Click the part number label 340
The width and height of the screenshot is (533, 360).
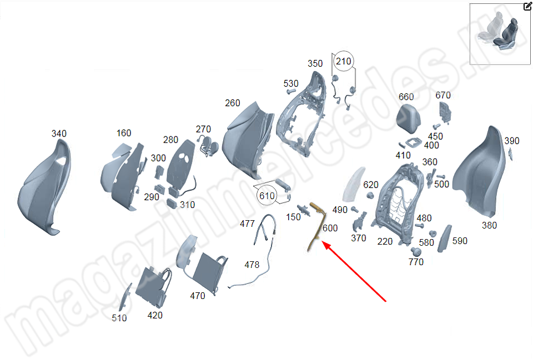click(x=59, y=134)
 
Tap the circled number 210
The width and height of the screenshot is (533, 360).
click(x=344, y=61)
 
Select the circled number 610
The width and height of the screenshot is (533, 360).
click(x=266, y=196)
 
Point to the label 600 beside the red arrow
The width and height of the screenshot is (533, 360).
click(x=330, y=228)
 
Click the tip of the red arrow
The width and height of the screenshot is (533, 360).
click(x=324, y=244)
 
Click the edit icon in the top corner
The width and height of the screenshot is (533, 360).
click(x=527, y=7)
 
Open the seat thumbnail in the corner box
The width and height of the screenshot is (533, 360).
click(x=499, y=34)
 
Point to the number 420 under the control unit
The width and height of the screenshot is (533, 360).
click(x=155, y=315)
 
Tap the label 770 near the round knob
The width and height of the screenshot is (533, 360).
click(x=416, y=262)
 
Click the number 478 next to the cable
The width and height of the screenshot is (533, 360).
click(x=252, y=265)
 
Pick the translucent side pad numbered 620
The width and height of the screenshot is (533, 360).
click(x=352, y=186)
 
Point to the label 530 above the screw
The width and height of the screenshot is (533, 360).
click(x=291, y=84)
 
